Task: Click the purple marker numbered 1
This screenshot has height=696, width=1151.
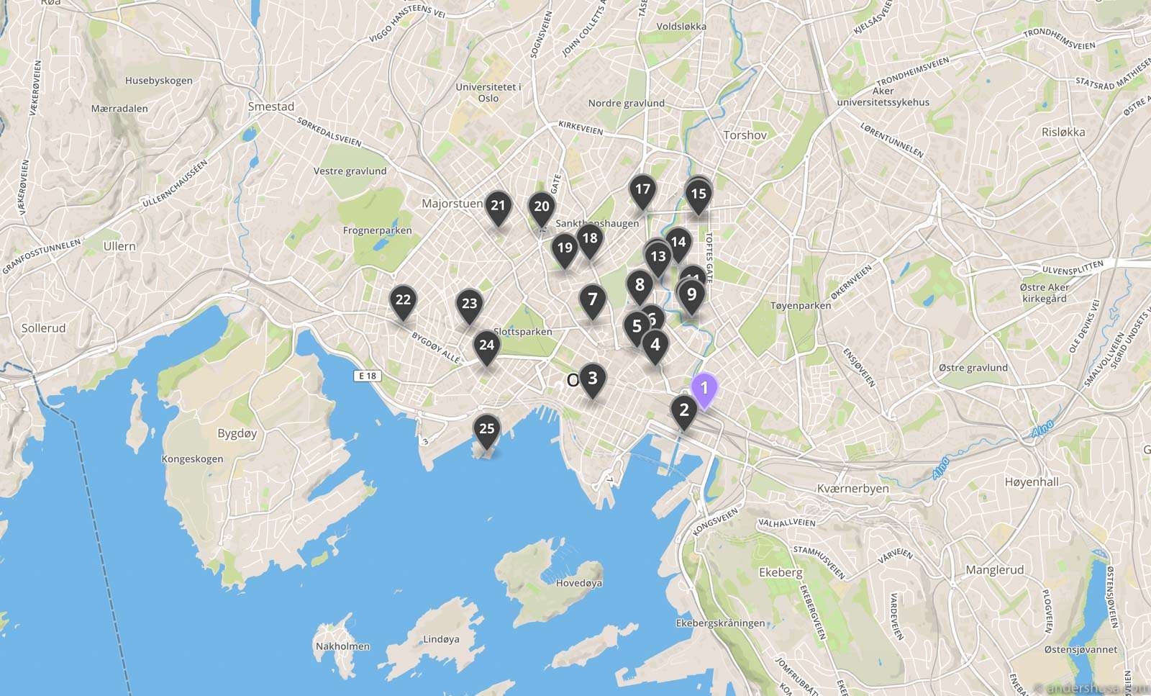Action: point(704,389)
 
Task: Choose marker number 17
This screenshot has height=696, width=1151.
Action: point(642,190)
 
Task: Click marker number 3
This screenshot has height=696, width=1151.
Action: point(592,379)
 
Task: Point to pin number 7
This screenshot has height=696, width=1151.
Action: point(592,299)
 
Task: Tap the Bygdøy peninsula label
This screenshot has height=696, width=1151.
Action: point(237,433)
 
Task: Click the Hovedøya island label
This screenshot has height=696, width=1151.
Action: point(578,583)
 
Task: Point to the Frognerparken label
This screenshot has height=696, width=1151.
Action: point(377,231)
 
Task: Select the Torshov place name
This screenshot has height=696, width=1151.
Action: point(745,135)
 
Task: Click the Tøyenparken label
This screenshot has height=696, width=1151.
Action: point(800,306)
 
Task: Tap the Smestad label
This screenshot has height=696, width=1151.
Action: point(271,107)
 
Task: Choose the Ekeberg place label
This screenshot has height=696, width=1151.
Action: point(780,572)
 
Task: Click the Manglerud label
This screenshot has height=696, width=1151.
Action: point(994,570)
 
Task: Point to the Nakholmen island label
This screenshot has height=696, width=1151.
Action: point(342,646)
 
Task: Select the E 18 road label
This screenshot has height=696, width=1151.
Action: point(366,376)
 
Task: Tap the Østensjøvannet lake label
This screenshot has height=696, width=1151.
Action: point(1081,649)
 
